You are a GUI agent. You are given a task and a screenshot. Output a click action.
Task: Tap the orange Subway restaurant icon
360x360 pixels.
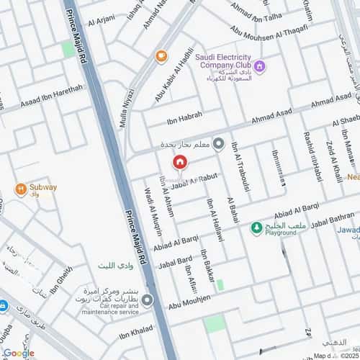22,190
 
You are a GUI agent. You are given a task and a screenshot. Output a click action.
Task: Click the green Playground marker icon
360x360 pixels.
255,229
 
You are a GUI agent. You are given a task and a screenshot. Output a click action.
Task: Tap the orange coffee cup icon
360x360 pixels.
161,55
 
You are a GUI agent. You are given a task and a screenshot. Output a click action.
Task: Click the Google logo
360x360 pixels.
18,353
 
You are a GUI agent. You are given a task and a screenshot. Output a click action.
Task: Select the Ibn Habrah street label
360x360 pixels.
185,115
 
